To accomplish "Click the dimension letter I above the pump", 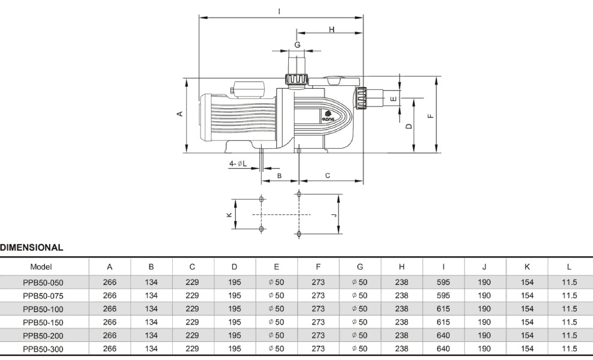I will [280, 11].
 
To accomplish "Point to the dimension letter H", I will [331, 29].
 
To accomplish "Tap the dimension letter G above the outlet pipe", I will [296, 44].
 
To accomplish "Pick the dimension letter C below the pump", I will [327, 175].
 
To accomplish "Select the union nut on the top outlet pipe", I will [296, 79].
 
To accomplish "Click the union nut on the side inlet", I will [361, 98].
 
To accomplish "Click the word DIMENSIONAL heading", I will [31, 247].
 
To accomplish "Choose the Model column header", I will [40, 266].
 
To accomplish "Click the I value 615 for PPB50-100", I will [443, 309].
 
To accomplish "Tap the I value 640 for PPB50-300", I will [443, 349].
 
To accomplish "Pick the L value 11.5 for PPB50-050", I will [569, 282].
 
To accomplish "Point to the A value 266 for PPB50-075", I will [110, 296].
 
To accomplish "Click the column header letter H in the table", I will [402, 266].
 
